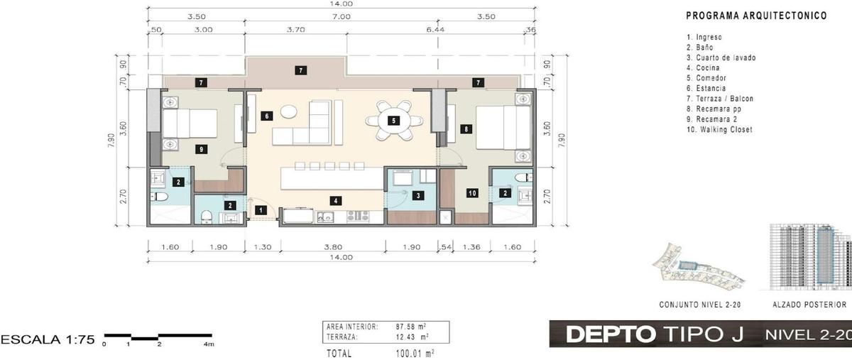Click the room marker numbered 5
(393, 121)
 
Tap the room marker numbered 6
(267, 116)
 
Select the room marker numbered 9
(201, 149)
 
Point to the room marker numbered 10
(472, 193)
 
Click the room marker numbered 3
(418, 195)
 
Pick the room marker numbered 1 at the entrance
(261, 209)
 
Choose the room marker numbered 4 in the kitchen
(335, 200)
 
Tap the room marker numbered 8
(466, 129)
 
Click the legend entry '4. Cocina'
(703, 67)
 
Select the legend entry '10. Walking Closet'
(720, 129)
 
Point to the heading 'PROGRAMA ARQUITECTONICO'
(757, 16)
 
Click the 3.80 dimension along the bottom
(333, 247)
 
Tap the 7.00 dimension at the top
(342, 17)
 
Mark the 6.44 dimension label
(435, 30)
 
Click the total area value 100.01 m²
(415, 354)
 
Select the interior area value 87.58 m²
(411, 327)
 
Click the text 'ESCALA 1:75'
(48, 339)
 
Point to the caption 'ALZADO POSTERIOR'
(810, 305)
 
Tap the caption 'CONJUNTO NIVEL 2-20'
(700, 305)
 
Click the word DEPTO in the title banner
(611, 334)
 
